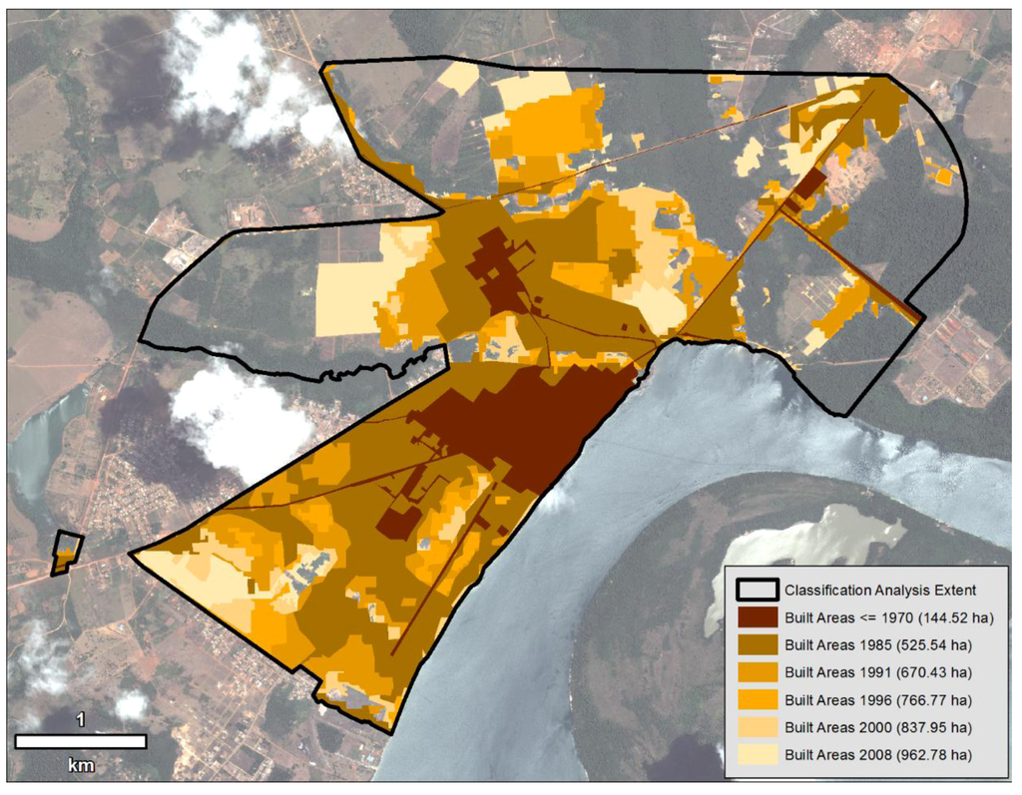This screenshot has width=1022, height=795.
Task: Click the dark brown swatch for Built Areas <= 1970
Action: click(757, 616)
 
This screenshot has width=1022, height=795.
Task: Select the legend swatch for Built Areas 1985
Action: click(757, 643)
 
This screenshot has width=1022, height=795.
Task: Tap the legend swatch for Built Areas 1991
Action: click(757, 671)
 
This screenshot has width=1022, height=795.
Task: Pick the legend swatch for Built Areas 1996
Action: click(757, 698)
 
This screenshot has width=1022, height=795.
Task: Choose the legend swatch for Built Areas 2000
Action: click(757, 726)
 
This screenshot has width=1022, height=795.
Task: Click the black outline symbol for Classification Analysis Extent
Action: click(757, 589)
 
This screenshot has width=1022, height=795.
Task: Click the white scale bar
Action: click(81, 741)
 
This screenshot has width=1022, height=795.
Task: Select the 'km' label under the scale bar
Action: click(80, 766)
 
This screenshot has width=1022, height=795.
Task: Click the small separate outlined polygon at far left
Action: click(67, 553)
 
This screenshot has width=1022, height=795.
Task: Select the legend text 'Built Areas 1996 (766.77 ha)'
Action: click(877, 698)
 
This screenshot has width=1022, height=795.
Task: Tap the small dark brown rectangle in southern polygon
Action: click(400, 523)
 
